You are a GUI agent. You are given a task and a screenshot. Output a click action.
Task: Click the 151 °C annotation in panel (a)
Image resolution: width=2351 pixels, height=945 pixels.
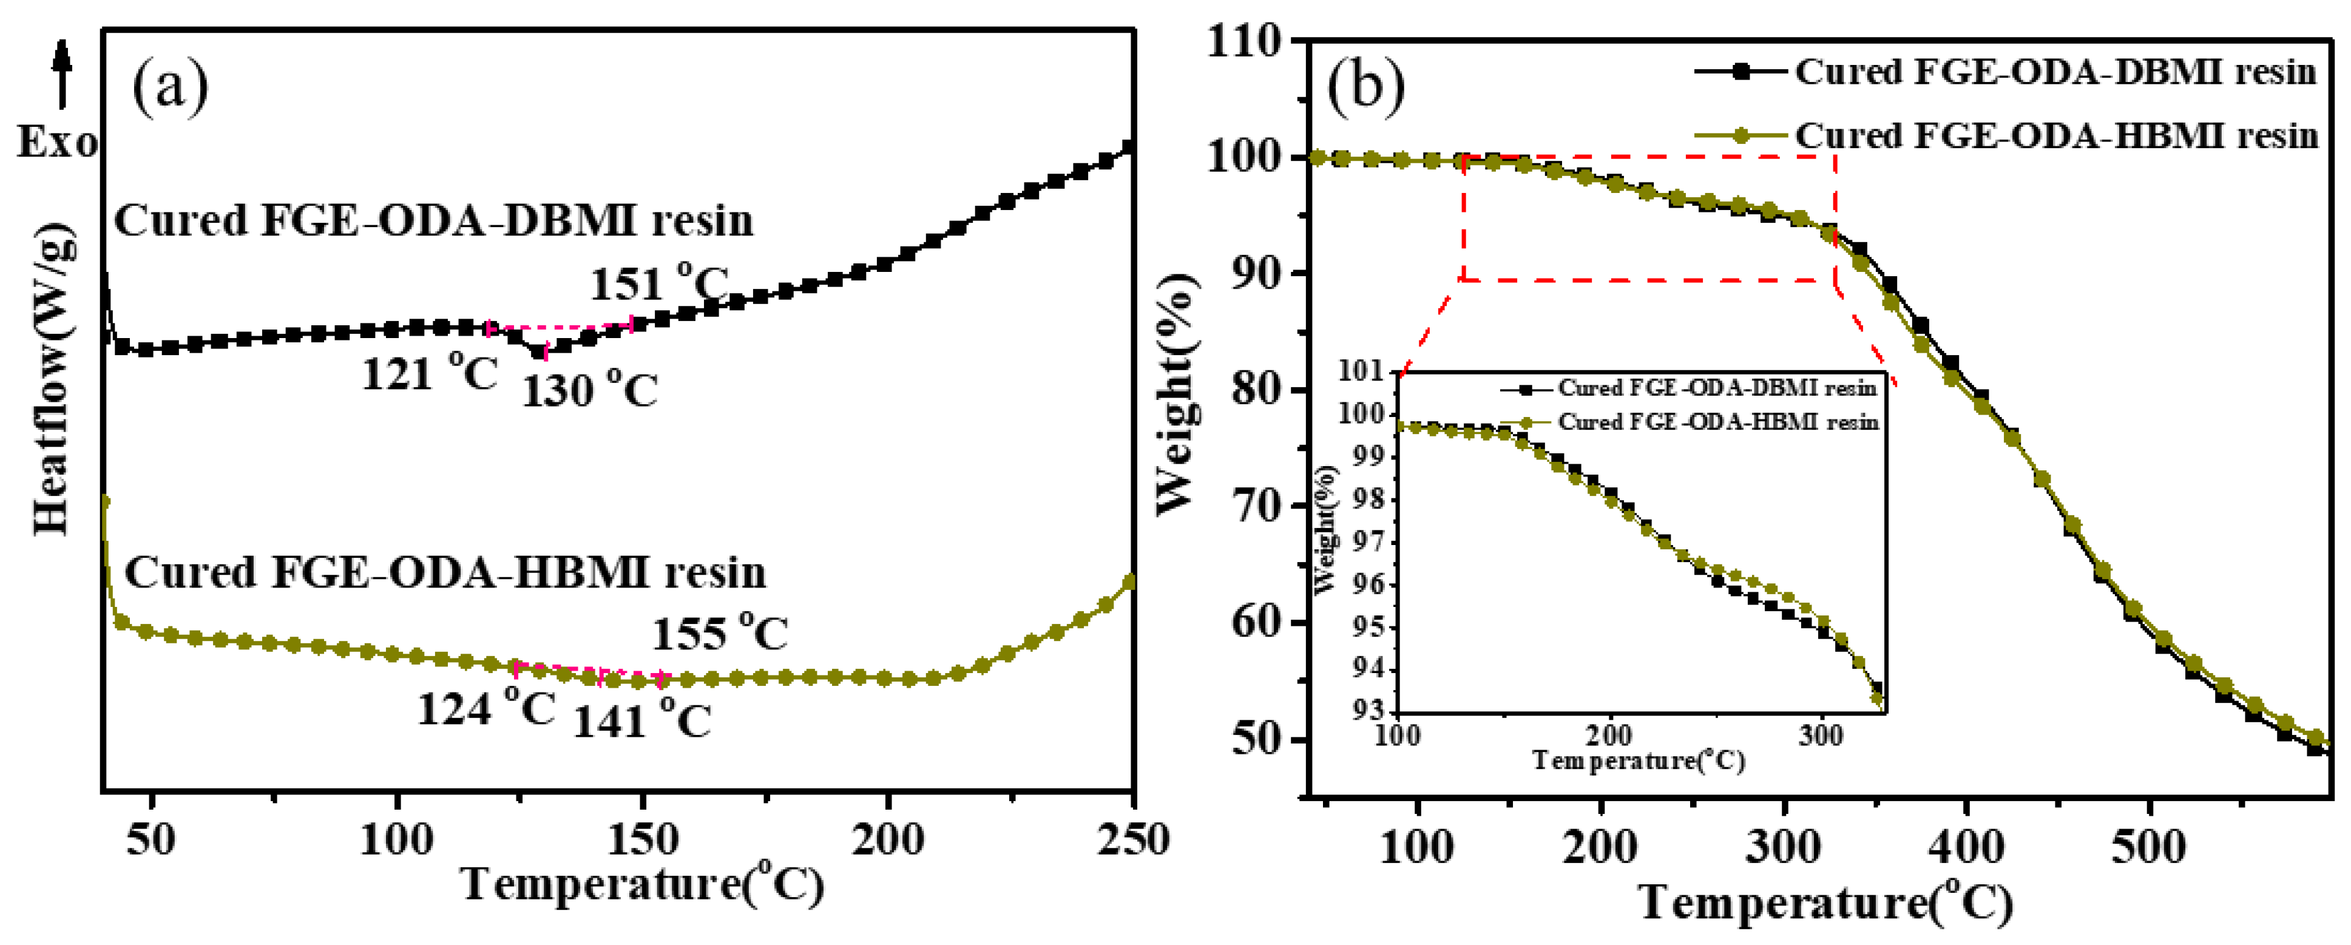pyautogui.click(x=659, y=284)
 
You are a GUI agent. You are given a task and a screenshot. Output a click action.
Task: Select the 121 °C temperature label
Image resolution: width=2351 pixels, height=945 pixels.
pyautogui.click(x=430, y=373)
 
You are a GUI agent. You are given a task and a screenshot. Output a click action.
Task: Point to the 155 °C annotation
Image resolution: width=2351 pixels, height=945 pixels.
pyautogui.click(x=720, y=633)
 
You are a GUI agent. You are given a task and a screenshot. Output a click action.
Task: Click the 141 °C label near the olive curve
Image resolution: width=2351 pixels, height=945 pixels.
pyautogui.click(x=641, y=720)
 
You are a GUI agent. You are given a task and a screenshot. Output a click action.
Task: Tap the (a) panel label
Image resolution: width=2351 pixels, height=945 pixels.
pyautogui.click(x=171, y=87)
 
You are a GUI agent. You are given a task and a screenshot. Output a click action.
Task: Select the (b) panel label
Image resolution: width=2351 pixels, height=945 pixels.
pyautogui.click(x=1365, y=87)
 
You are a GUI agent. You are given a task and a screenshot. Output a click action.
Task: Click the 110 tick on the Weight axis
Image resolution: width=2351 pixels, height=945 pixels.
pyautogui.click(x=1247, y=41)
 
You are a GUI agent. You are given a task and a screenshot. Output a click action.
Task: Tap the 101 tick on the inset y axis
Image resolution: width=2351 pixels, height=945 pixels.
pyautogui.click(x=1362, y=371)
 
